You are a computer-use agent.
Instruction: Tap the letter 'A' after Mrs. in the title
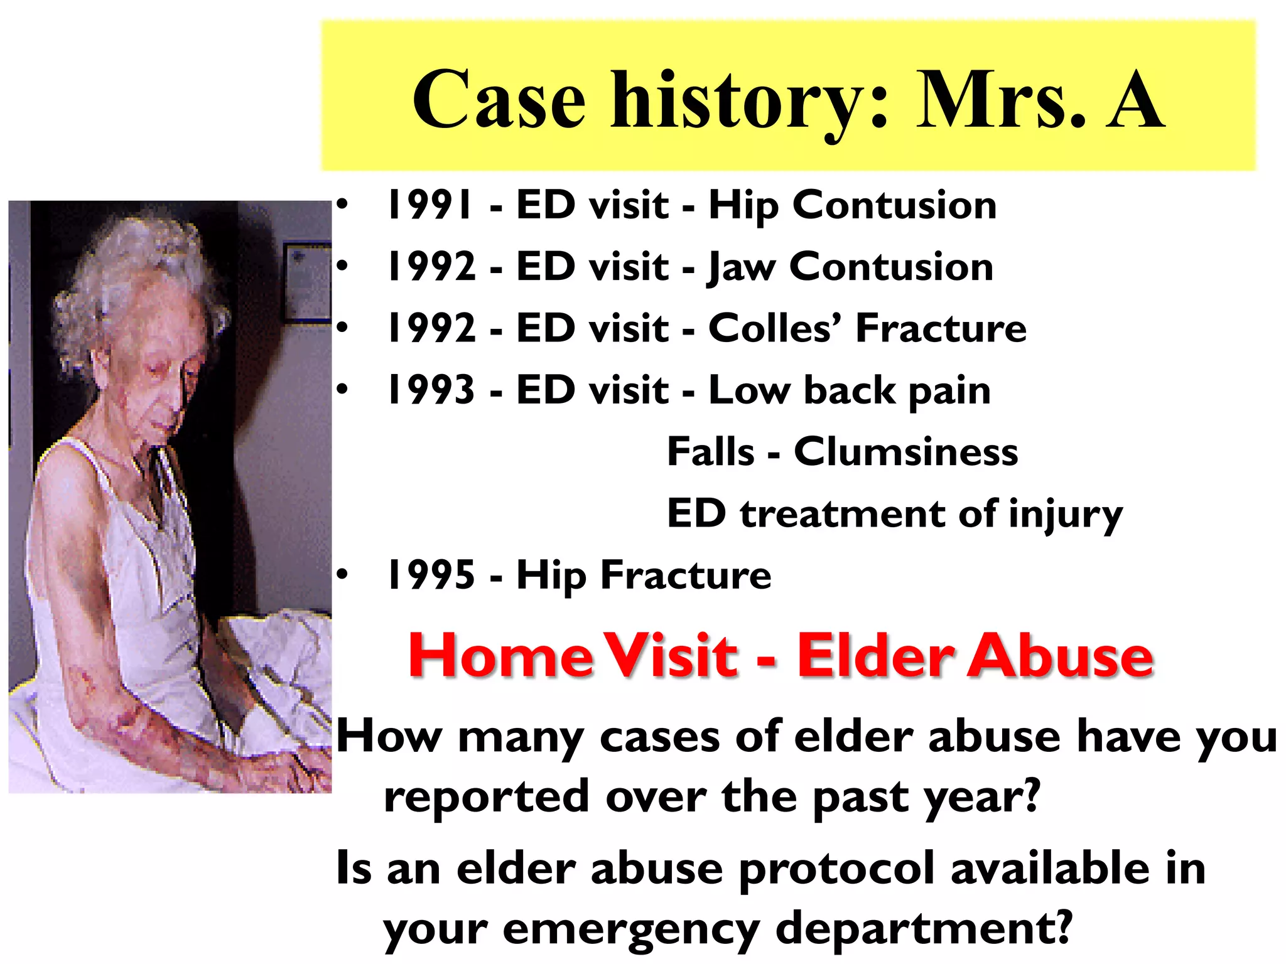[1134, 100]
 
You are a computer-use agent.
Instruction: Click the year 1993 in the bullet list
[431, 390]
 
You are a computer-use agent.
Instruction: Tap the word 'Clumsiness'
[905, 452]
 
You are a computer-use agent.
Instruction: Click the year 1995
[431, 575]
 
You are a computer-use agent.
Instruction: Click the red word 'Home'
[500, 655]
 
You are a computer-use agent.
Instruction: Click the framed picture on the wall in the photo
[307, 282]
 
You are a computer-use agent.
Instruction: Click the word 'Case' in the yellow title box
[499, 100]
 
